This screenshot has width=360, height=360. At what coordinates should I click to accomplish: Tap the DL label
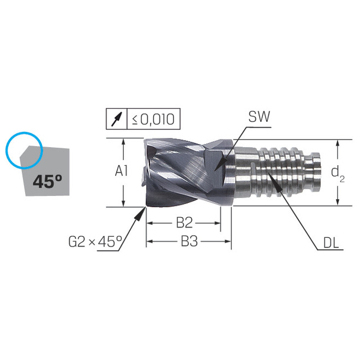coord(331,243)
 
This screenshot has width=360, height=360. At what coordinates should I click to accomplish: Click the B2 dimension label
coord(185,223)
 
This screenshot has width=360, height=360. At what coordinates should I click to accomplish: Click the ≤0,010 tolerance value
coord(153,119)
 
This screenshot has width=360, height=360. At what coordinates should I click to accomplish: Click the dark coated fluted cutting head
coord(180,172)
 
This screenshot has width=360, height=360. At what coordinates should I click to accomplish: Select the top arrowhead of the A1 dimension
coord(125,142)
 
